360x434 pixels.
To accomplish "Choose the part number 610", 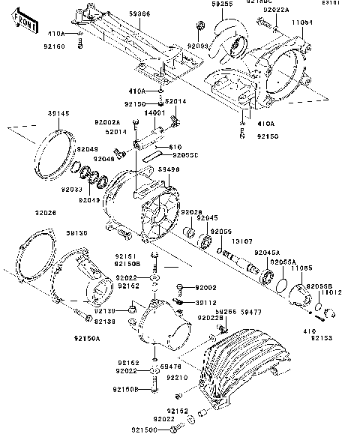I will pos(176,147).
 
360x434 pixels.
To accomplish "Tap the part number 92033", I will pos(72,190).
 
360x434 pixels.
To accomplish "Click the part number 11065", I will pos(302,267).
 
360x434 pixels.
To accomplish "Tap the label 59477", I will pos(251,311).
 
